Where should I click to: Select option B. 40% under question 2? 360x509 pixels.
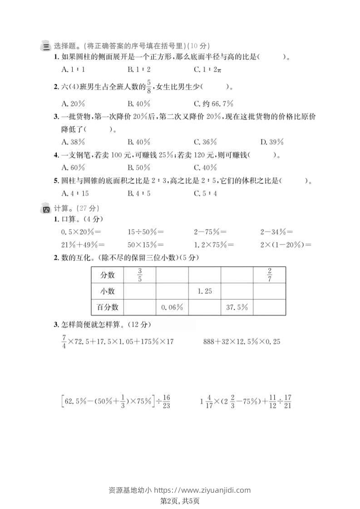[x=139, y=103]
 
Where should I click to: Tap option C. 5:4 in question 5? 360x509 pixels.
[x=206, y=193]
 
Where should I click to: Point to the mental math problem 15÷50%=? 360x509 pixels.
[x=146, y=232]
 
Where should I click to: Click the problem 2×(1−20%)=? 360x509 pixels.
[x=286, y=245]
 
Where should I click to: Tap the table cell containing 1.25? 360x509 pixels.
[x=205, y=291]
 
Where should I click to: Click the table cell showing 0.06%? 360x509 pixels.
[x=172, y=307]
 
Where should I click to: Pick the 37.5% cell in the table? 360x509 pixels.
[x=237, y=307]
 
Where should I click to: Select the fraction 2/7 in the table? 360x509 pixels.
[x=269, y=275]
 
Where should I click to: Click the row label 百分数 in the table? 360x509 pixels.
[x=108, y=307]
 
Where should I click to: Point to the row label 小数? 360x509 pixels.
[x=108, y=291]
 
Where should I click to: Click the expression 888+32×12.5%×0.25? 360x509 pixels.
[x=242, y=342]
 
